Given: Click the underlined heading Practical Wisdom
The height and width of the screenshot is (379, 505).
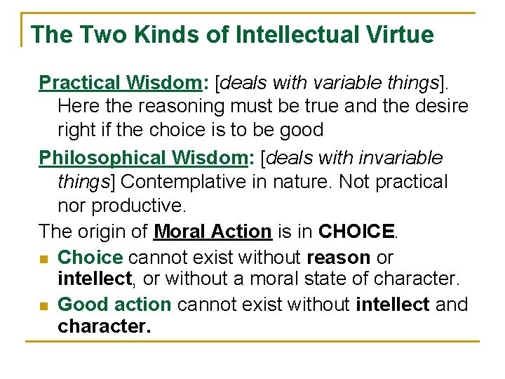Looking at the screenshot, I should (120, 82).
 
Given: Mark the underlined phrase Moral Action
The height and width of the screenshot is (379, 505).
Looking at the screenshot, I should (213, 231).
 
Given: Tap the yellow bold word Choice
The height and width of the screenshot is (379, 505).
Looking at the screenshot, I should (90, 257).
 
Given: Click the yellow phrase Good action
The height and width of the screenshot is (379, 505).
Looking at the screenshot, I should (114, 305).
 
